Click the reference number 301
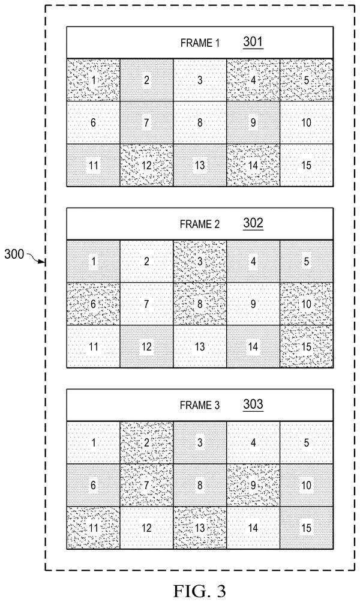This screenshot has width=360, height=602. coord(253,41)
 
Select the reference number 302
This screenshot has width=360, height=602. coord(253,223)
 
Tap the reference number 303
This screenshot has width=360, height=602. coord(253,404)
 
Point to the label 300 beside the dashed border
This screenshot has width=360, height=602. coord(14,254)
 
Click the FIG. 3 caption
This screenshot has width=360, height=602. coord(200,590)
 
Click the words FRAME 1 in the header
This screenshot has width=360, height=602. coord(200,43)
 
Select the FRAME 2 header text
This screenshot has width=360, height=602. coord(200,224)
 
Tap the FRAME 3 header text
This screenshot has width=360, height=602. coord(200,405)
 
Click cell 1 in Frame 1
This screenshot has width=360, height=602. coord(93,80)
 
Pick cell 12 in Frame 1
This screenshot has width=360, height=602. coord(146,165)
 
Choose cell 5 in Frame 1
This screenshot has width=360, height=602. coord(306,80)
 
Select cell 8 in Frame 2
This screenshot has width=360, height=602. coord(200,304)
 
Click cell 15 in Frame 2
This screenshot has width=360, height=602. coord(306,346)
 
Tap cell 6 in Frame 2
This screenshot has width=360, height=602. coord(93,304)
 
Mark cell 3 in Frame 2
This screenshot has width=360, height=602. coord(200,261)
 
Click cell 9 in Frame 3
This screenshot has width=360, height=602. coord(253,485)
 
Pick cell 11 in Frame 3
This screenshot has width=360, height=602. coord(93,528)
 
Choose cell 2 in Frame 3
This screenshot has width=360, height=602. coord(146,442)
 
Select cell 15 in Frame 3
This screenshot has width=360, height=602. coord(306,528)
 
